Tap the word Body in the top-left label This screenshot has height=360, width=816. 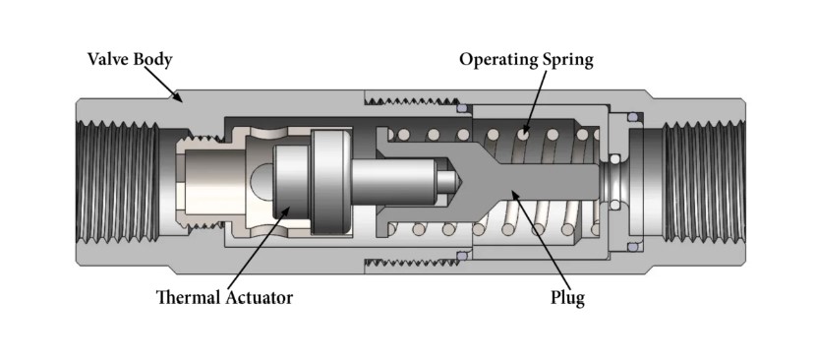(x=152, y=60)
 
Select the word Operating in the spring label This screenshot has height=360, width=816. (x=499, y=60)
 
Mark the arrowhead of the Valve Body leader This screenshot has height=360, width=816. (x=180, y=98)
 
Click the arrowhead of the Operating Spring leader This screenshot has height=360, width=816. (x=522, y=135)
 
